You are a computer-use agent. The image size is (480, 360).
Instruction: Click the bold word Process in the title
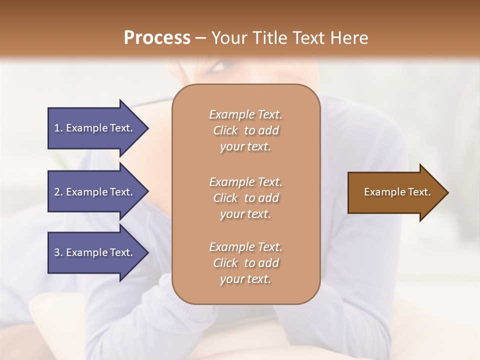point(157,37)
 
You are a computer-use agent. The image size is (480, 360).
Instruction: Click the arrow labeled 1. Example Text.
point(93,128)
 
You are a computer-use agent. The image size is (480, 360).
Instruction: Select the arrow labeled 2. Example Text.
point(93,192)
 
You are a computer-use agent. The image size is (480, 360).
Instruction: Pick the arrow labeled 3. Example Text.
point(93,252)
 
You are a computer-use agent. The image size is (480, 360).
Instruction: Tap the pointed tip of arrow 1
point(147,128)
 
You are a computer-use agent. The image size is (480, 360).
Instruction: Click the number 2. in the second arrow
point(58,192)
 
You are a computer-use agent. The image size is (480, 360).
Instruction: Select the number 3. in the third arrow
point(58,252)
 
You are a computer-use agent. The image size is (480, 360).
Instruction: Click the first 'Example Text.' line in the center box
point(245,114)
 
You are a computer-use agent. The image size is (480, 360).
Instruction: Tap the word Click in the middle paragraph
point(225,198)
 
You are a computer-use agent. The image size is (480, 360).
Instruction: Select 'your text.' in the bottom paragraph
point(245,279)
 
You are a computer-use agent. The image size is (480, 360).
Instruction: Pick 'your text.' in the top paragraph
point(245,147)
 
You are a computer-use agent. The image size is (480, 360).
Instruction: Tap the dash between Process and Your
point(201,38)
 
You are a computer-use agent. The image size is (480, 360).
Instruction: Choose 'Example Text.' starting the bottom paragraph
point(245,247)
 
